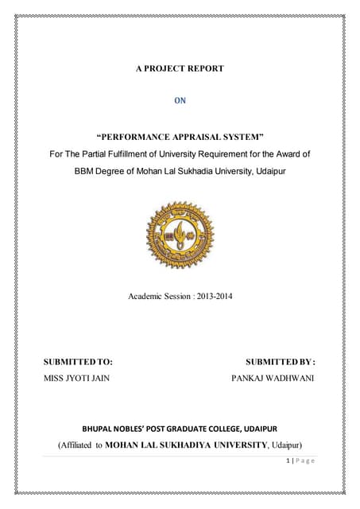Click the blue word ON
click(180, 101)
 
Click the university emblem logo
click(180, 235)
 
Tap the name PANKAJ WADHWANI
click(273, 378)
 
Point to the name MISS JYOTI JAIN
click(76, 378)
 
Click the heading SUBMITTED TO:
click(78, 361)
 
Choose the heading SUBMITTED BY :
click(280, 361)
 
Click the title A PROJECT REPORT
click(180, 68)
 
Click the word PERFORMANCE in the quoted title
click(132, 137)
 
